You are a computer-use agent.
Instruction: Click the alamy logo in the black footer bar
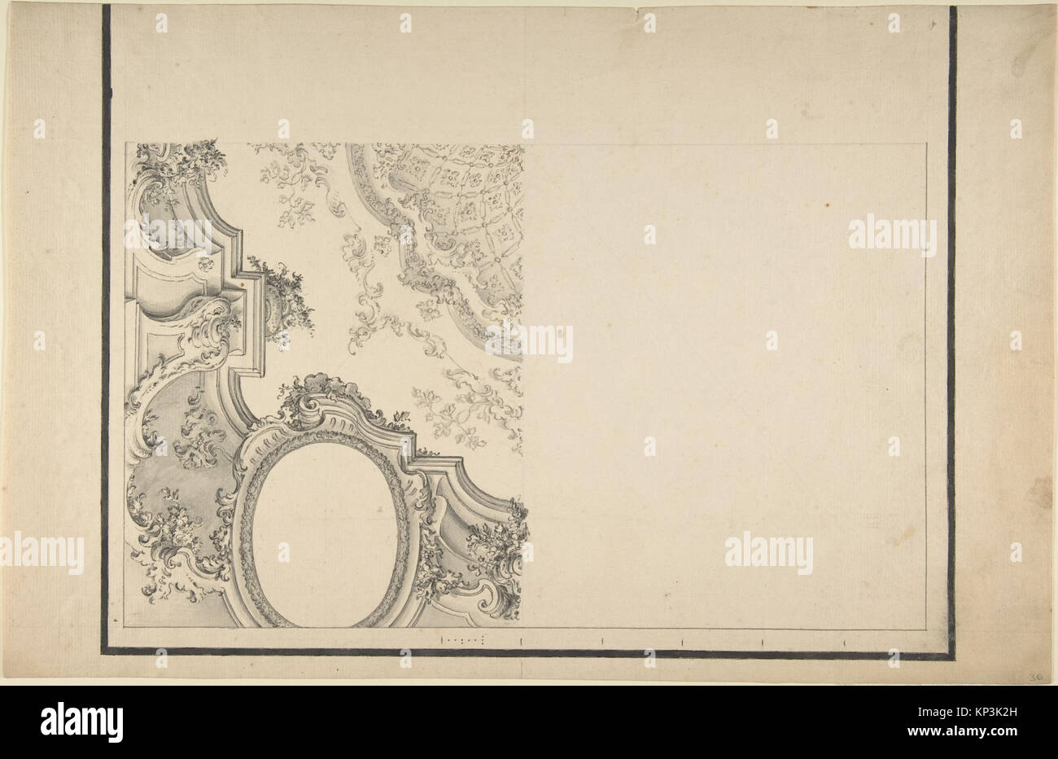[x=81, y=722]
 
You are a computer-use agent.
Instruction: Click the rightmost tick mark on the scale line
[x=843, y=642]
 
